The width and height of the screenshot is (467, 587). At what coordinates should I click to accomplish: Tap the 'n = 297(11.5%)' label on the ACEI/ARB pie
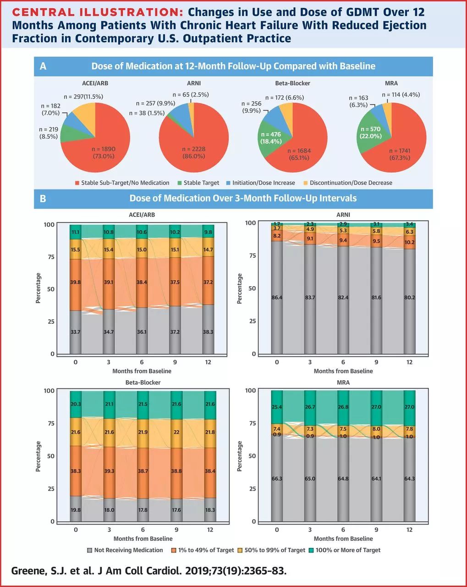[x=83, y=96]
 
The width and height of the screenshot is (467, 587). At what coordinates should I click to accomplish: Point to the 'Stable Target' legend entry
[x=201, y=183]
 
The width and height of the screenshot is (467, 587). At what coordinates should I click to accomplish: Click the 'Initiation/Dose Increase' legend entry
[x=264, y=183]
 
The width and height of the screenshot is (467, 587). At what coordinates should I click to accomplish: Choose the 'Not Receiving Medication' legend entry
[x=134, y=550]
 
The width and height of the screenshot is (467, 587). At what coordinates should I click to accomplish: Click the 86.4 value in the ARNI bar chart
[x=276, y=298]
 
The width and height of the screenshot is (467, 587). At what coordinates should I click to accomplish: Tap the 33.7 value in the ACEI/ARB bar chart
[x=76, y=332]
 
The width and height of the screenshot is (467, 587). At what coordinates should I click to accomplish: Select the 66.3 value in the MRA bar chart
[x=276, y=479]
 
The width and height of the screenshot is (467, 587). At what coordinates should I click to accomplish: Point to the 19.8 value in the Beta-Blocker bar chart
[x=76, y=510]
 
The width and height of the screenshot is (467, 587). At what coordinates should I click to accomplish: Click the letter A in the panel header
[x=43, y=66]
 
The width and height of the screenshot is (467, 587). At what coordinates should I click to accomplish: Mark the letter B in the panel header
[x=43, y=199]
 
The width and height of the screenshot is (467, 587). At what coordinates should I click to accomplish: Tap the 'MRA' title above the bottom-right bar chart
[x=343, y=382]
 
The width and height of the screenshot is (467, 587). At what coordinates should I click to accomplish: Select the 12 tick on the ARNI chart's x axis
[x=409, y=362]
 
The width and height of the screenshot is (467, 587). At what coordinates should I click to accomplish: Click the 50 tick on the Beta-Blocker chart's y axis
[x=49, y=456]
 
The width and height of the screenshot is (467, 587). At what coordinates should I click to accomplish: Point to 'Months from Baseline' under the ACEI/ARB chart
[x=142, y=371]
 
